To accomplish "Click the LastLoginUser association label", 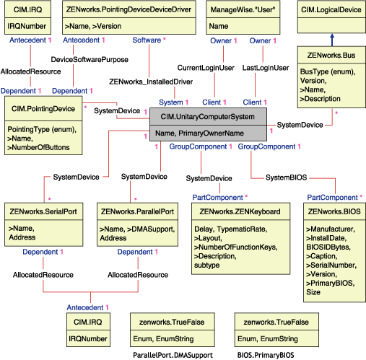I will point(266,67).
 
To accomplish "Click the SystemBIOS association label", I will point(287,177).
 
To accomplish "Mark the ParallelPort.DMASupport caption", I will point(167,354).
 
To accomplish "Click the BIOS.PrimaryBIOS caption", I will point(266,354).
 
